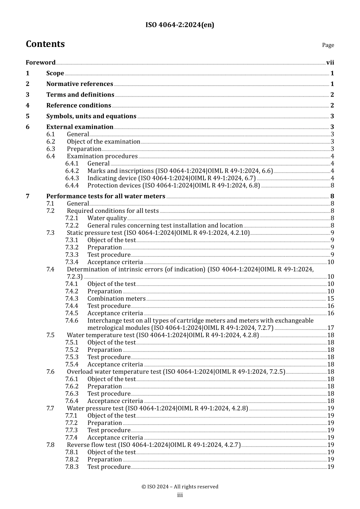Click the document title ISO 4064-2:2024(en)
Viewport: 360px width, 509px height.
click(x=180, y=25)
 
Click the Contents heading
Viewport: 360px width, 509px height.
click(x=45, y=44)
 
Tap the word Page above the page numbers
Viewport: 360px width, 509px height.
click(x=328, y=45)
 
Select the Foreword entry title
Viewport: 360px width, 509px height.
click(x=41, y=62)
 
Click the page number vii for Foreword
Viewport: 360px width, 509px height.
click(x=330, y=62)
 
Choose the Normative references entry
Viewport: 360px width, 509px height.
click(x=80, y=84)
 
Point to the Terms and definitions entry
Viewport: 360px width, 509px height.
click(x=80, y=95)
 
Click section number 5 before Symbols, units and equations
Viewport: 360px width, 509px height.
click(x=28, y=116)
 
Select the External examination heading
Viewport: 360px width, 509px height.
click(x=80, y=127)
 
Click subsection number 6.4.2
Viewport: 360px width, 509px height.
click(x=72, y=171)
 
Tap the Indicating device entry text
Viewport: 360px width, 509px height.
click(x=171, y=178)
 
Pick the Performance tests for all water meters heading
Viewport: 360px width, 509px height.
click(x=106, y=196)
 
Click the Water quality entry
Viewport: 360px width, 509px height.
click(x=107, y=218)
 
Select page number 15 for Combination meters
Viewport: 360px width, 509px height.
click(x=330, y=299)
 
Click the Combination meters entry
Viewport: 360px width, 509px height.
click(x=116, y=299)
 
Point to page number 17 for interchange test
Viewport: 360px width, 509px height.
click(x=330, y=328)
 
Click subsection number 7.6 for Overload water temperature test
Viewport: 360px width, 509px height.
click(x=50, y=372)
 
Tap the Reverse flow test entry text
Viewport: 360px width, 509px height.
click(x=153, y=445)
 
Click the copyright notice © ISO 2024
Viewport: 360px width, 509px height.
click(x=180, y=487)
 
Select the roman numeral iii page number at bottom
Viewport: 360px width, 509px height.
click(x=180, y=495)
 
